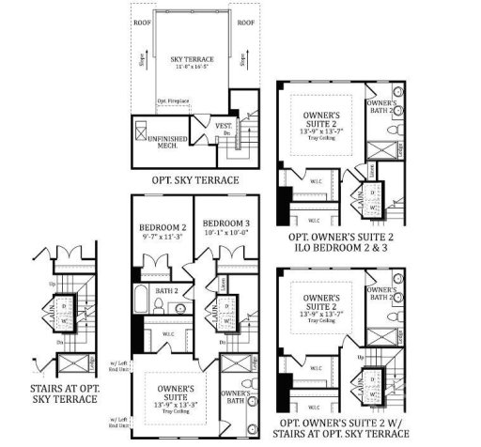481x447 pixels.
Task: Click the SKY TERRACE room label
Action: [189, 58]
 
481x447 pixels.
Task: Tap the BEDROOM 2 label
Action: [159, 228]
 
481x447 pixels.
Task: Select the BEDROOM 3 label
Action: [221, 228]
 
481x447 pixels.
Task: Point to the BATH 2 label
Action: [167, 291]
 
